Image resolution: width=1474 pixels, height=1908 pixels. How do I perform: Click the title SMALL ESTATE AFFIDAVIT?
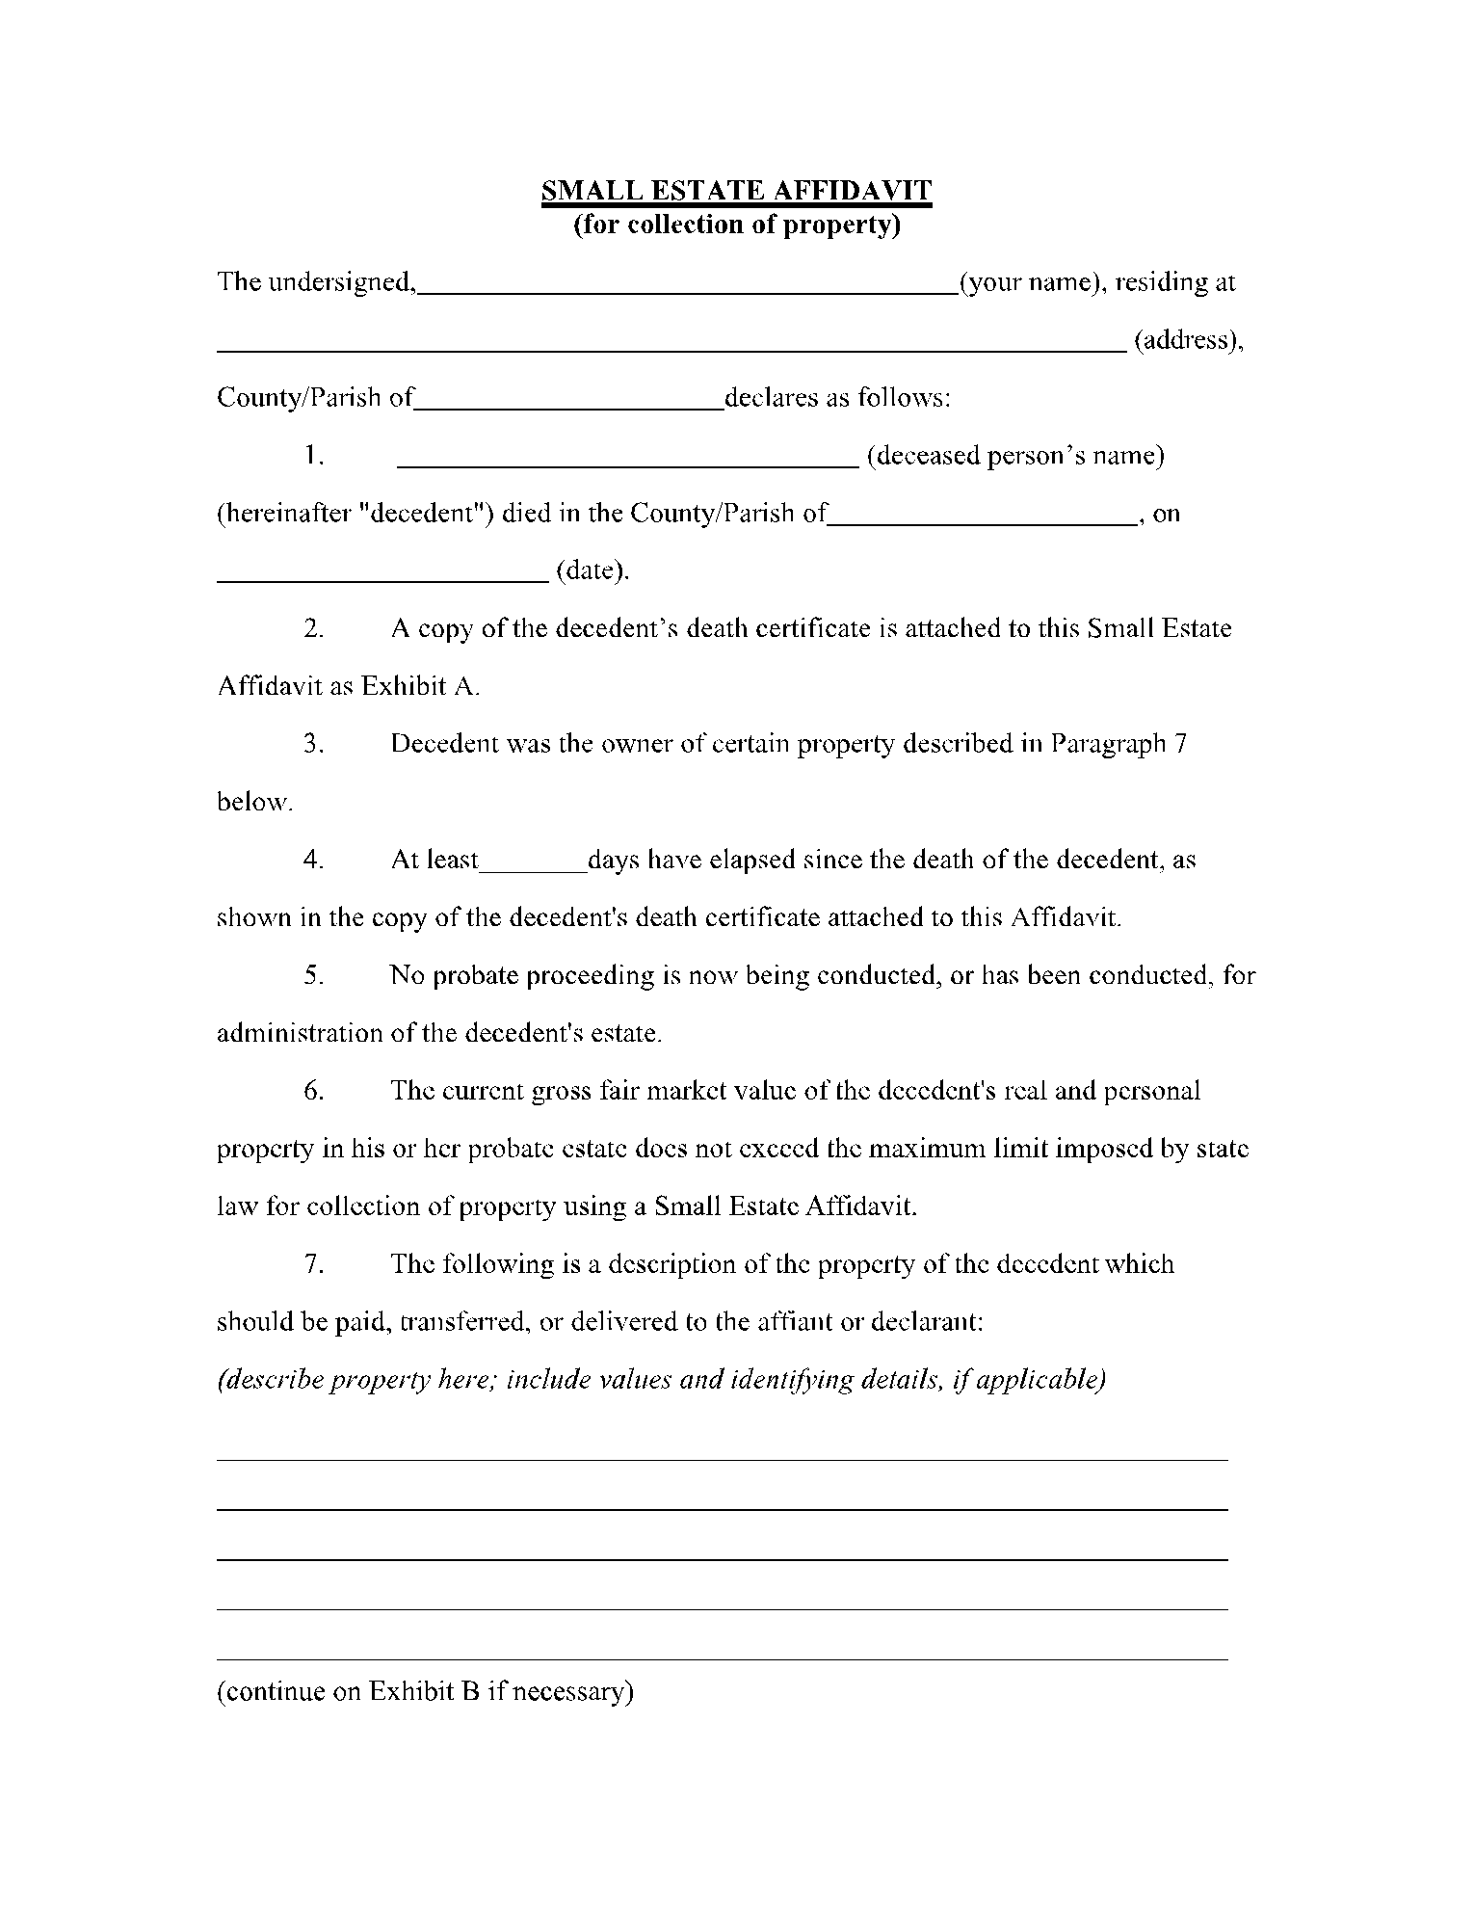736,190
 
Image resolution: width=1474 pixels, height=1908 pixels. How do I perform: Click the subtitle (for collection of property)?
736,225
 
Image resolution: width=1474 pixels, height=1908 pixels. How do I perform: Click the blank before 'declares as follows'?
568,408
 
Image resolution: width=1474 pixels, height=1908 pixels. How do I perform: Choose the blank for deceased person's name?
627,464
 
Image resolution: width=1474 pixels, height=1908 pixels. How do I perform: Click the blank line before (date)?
382,580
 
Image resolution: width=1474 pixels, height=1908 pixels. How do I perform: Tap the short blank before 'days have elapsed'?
533,868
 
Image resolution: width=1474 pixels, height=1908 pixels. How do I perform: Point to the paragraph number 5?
313,975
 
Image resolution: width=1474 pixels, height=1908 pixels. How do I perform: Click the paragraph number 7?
313,1264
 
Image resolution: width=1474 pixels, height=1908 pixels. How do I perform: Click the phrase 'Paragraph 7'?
1118,744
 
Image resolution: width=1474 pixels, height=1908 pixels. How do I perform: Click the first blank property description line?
722,1459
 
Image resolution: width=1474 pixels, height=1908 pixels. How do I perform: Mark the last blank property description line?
722,1659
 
